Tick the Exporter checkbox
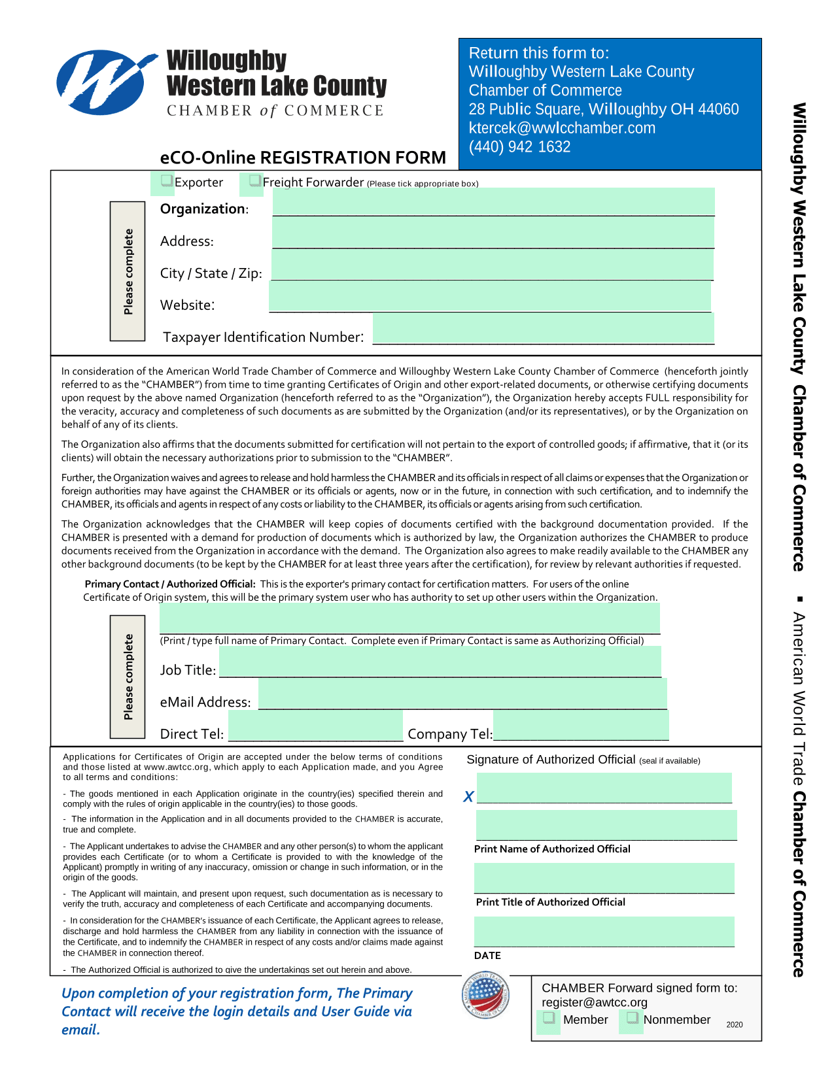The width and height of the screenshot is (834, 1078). (167, 181)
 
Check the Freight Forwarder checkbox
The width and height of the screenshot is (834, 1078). (255, 180)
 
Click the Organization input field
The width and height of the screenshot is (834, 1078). (493, 202)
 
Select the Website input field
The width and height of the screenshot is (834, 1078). (490, 297)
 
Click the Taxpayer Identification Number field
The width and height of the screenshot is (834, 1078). (543, 329)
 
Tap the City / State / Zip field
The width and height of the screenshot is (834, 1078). (492, 266)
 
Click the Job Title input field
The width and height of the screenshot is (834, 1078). (440, 662)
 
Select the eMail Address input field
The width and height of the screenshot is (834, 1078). (462, 694)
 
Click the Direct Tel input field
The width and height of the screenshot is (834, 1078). (315, 726)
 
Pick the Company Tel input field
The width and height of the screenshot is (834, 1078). (581, 726)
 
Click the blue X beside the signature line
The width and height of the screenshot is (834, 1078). (468, 796)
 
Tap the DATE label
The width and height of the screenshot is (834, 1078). (487, 955)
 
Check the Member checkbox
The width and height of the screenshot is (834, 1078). (549, 1019)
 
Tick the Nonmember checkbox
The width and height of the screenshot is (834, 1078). (632, 1019)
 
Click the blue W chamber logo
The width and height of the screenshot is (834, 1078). (105, 82)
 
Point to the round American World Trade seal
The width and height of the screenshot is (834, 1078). (485, 996)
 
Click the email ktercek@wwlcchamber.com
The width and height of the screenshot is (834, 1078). (562, 127)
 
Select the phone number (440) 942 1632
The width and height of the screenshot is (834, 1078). (519, 146)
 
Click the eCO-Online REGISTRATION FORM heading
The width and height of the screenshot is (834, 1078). (303, 158)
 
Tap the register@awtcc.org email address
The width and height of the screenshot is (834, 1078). (594, 1002)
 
